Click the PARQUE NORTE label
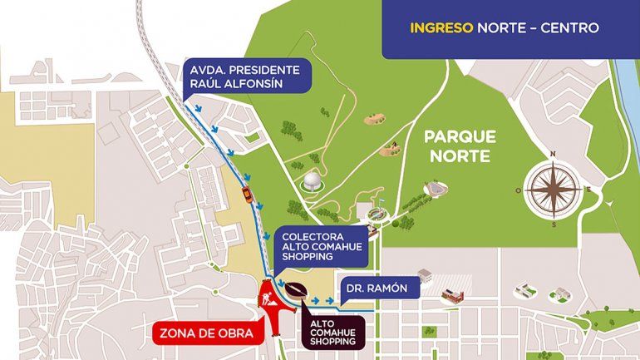pyautogui.click(x=459, y=145)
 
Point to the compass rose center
pyautogui.click(x=554, y=189)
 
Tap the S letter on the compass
pyautogui.click(x=554, y=224)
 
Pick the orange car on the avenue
pyautogui.click(x=247, y=195)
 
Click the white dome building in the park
pyautogui.click(x=311, y=180)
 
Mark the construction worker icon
pyautogui.click(x=269, y=297)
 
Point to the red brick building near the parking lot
pyautogui.click(x=451, y=293)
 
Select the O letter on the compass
pyautogui.click(x=519, y=190)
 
